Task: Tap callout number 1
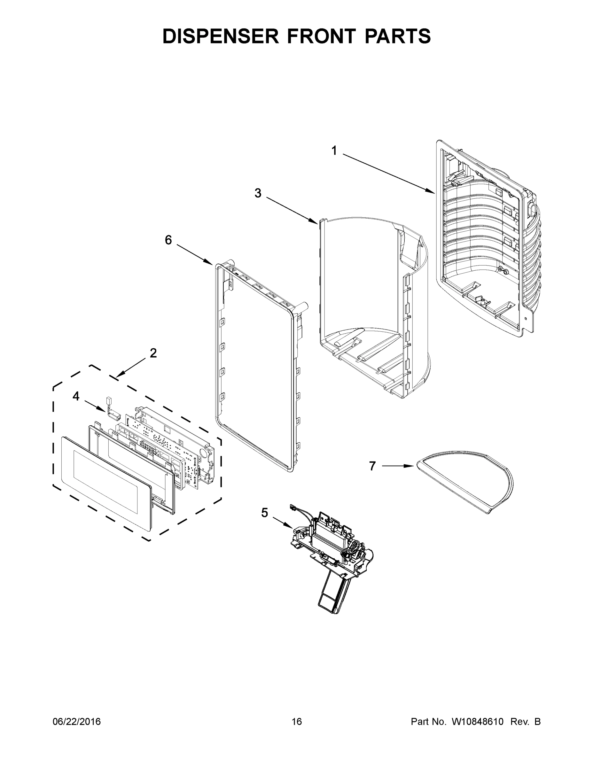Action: tap(334, 151)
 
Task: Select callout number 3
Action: tap(258, 193)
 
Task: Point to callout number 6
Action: tap(168, 240)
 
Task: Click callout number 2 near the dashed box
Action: tap(153, 353)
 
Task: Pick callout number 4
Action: tap(76, 397)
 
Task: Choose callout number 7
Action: tap(372, 466)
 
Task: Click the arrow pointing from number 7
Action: tap(397, 466)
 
